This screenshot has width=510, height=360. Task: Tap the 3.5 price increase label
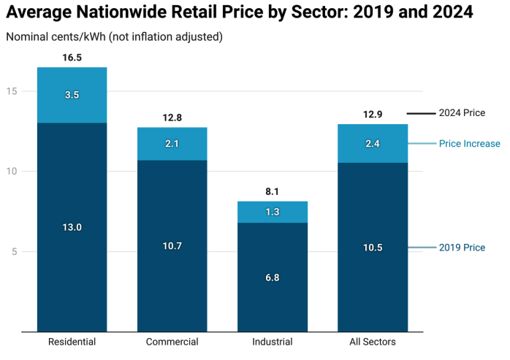[x=72, y=95]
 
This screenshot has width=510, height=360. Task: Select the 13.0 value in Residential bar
[x=72, y=227]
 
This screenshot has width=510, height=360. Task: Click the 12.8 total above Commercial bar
[x=172, y=117]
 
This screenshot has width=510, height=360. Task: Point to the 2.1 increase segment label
[x=172, y=144]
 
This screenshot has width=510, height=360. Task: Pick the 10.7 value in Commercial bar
[x=172, y=246]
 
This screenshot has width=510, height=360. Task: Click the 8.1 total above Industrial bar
[x=272, y=191]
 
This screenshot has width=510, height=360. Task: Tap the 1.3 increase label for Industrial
[x=272, y=212]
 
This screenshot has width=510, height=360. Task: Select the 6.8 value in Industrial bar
[x=272, y=277]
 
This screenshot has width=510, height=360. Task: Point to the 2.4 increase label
[x=372, y=144]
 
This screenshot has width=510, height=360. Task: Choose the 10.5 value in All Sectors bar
[x=372, y=248]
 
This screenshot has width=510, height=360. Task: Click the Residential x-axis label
[x=72, y=342]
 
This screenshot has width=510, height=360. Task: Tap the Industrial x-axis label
[x=272, y=342]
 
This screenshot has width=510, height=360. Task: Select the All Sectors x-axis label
[x=372, y=342]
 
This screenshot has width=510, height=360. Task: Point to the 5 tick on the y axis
[x=25, y=252]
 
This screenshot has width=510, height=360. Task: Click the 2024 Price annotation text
[x=461, y=113]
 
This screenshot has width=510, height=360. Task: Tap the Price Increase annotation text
[x=469, y=144]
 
